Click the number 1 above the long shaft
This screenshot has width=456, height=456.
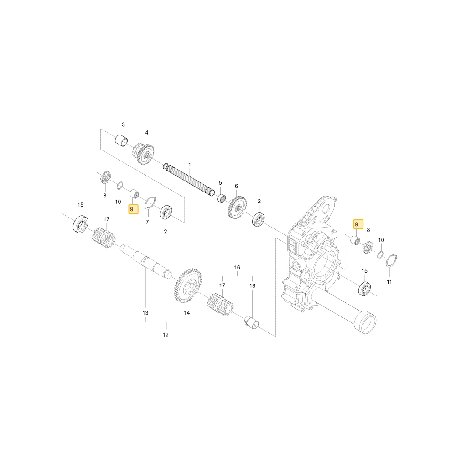[x=190, y=165]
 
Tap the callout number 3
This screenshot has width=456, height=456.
[x=123, y=124]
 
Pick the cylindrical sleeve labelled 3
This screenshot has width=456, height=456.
[x=122, y=140]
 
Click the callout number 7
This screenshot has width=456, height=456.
[x=147, y=222]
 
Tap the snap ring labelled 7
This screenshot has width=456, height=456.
[x=150, y=202]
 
